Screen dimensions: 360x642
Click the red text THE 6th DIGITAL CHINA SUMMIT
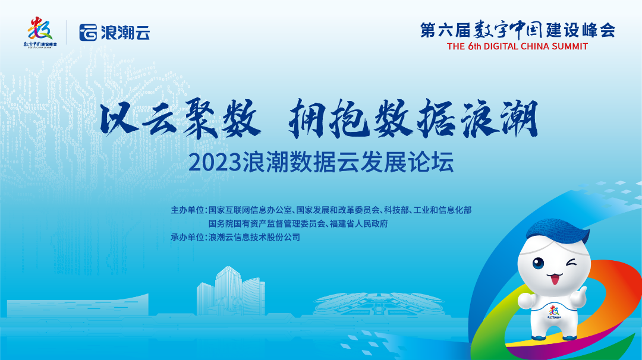coord(517,46)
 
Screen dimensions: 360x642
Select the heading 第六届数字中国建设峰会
coord(517,30)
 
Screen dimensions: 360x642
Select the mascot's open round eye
coord(539,263)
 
